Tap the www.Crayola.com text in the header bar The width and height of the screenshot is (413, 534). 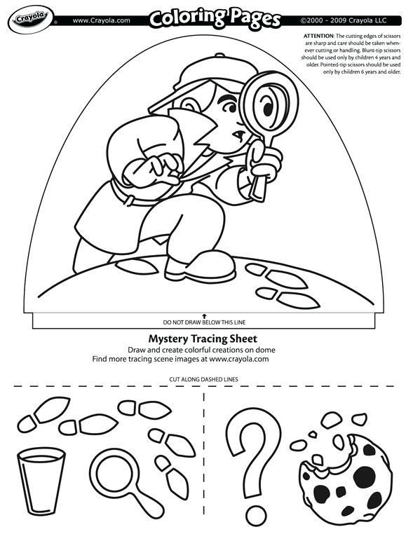[101, 20]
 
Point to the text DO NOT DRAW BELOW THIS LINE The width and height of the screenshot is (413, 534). [205, 323]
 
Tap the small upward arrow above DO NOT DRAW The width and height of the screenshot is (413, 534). [205, 315]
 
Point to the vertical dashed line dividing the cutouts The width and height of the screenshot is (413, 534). [204, 456]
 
